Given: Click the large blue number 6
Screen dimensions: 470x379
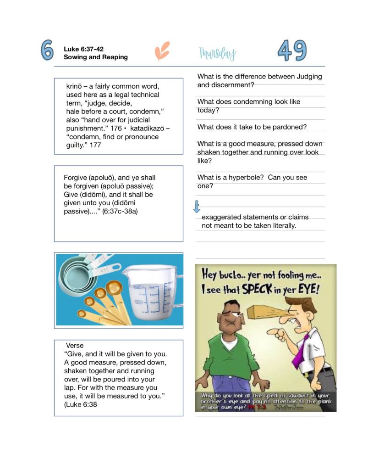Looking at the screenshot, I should (47, 50).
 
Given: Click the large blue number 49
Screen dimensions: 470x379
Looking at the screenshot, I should (292, 50).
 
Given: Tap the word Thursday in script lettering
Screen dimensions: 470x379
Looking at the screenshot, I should (217, 54).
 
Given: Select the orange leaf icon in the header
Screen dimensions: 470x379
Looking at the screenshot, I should (162, 51).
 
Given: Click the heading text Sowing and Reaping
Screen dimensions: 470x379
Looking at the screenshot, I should (96, 57).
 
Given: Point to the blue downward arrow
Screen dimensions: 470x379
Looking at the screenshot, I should (197, 207).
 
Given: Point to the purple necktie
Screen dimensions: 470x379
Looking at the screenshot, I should (300, 352).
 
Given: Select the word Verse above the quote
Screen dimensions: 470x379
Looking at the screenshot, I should (75, 345).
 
